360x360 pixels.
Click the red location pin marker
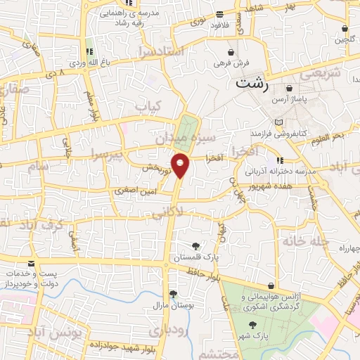pos(181,165)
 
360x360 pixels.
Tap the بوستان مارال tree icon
pos(173,295)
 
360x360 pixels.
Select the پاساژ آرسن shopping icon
pos(289,89)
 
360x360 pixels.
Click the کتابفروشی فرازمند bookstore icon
pos(279,122)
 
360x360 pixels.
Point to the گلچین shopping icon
pos(345,30)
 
